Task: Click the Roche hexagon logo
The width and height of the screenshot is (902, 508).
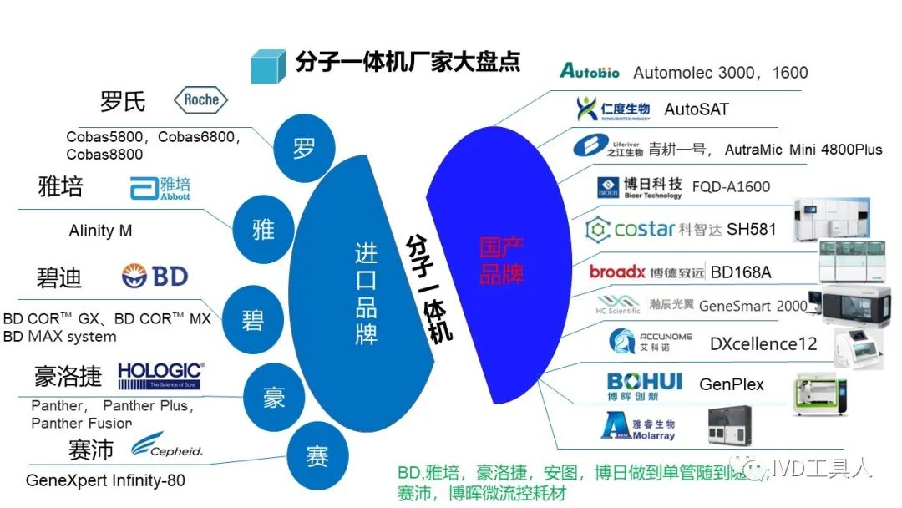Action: [200, 100]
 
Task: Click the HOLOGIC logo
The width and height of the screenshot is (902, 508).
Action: [160, 375]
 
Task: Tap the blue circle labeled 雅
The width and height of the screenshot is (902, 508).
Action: [263, 229]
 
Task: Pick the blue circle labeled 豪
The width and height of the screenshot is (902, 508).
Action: [274, 399]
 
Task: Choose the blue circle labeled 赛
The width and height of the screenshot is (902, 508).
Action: [317, 457]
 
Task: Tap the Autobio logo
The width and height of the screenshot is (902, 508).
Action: [590, 72]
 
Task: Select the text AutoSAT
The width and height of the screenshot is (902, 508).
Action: [697, 109]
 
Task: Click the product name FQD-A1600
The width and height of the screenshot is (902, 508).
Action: [731, 187]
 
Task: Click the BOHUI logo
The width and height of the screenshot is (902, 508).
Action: [644, 386]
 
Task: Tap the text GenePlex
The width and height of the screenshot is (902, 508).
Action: [732, 385]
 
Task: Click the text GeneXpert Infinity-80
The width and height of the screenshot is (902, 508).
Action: [105, 481]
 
